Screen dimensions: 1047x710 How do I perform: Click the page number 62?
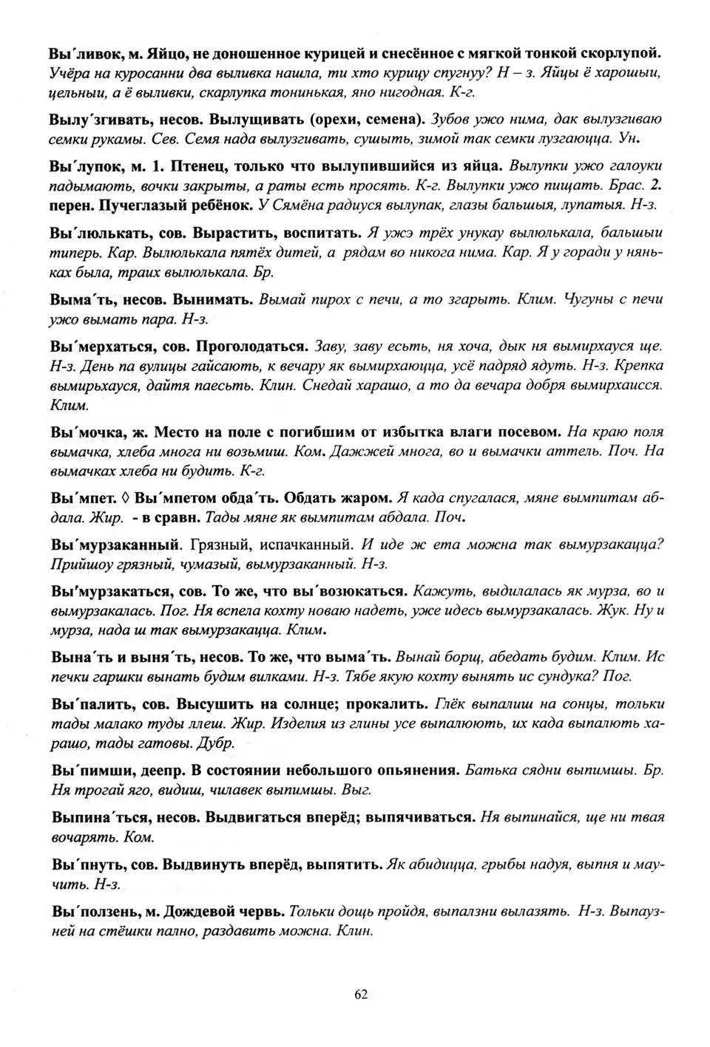[x=361, y=994]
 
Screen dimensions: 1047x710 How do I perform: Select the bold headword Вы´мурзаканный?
[x=116, y=545]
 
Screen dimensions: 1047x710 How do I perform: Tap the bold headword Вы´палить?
[x=89, y=703]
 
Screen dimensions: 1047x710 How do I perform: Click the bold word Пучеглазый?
[x=139, y=203]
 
